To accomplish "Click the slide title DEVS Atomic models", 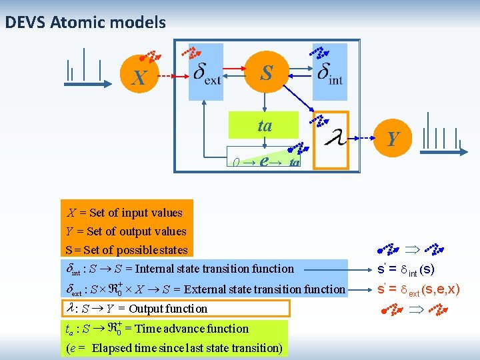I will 85,23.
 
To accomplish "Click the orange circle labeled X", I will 139,78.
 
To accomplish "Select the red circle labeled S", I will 267,73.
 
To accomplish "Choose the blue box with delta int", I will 330,72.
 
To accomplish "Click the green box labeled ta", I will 265,125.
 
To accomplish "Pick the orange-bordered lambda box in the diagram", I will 339,139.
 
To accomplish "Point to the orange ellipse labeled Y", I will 393,139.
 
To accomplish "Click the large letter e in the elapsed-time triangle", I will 265,160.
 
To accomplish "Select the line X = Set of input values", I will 125,213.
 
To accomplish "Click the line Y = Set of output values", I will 126,231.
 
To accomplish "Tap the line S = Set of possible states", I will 127,250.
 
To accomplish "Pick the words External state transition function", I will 265,289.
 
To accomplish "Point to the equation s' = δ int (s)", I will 407,269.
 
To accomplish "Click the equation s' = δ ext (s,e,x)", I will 419,289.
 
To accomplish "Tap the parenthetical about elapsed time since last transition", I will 175,347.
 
